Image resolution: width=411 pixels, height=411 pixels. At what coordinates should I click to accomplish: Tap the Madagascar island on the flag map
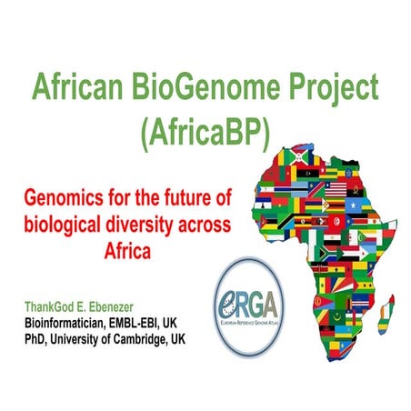coord(393,304)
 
